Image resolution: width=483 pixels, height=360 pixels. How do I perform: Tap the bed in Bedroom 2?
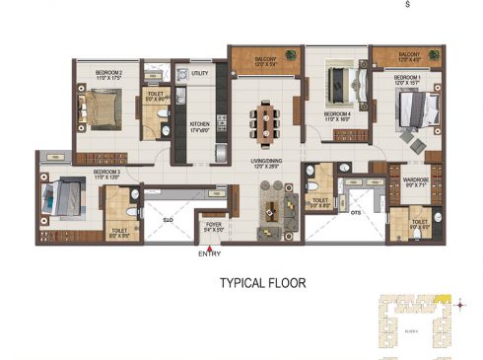[102, 103]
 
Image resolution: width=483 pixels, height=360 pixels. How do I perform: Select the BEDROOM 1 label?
[408, 76]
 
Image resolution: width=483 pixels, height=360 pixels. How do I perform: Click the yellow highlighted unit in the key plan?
[445, 298]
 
